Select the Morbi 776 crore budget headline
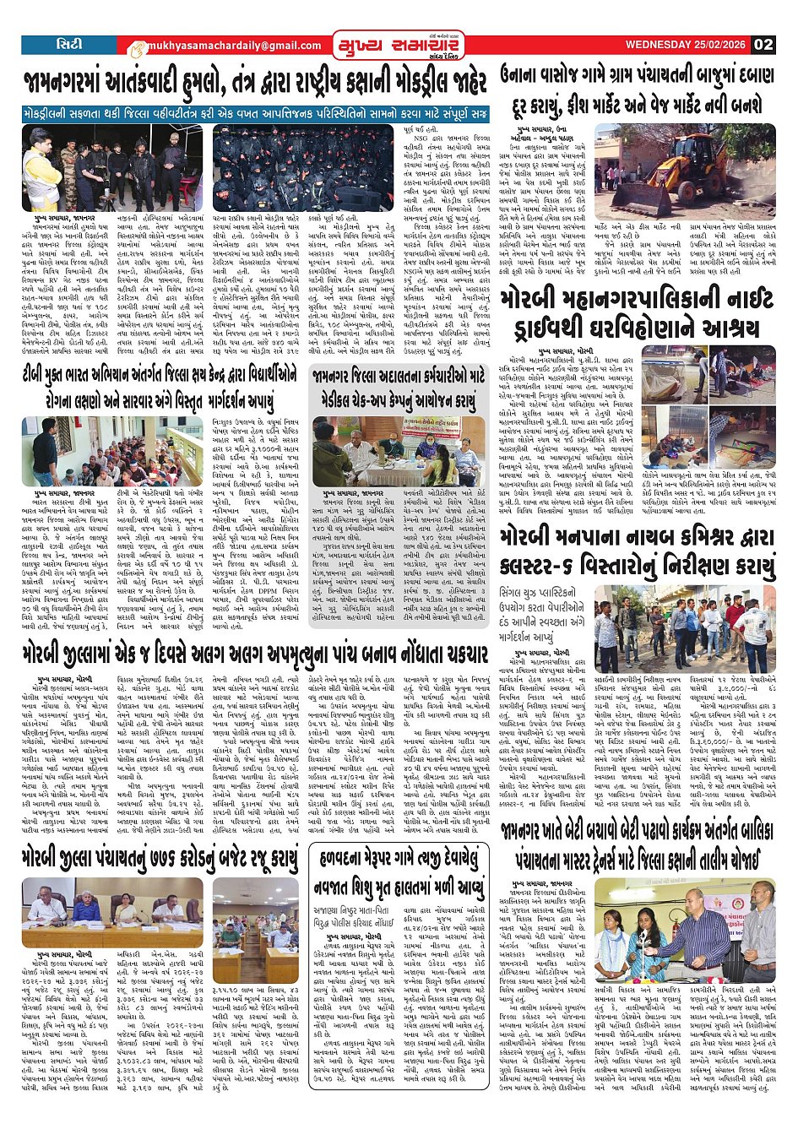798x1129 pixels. tap(160, 860)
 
